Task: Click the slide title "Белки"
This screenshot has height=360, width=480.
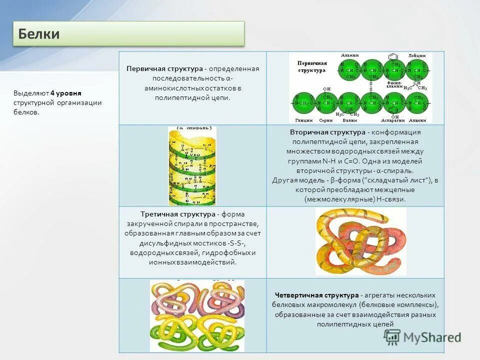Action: [39, 34]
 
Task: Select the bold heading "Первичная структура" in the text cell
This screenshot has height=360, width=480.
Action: [164, 68]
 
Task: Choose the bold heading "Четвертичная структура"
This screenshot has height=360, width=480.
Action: [316, 295]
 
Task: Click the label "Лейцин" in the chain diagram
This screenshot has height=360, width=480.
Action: [416, 55]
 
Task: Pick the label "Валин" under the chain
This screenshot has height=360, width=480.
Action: [349, 120]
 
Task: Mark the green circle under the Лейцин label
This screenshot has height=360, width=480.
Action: [415, 70]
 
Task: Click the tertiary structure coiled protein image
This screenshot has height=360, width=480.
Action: [360, 241]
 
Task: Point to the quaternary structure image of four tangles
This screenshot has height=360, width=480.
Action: [197, 315]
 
